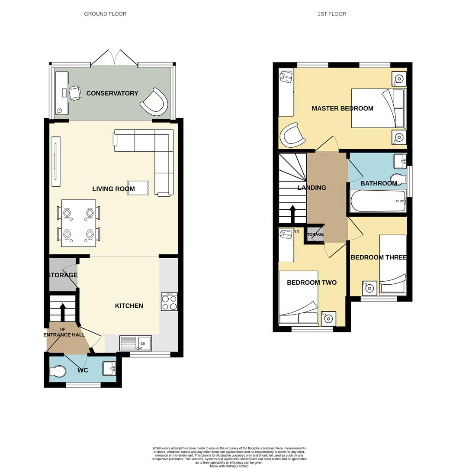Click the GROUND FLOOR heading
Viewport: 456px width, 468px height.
[x=105, y=14]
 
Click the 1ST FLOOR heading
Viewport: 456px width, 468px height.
[x=332, y=14]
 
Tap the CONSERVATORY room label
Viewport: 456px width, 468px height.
[x=112, y=93]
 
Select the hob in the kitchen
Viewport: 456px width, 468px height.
[x=169, y=302]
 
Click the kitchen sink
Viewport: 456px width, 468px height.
[x=136, y=343]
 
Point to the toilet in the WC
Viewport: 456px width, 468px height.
[x=58, y=371]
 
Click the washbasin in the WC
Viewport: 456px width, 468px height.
[x=109, y=369]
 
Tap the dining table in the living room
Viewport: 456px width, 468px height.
[x=78, y=223]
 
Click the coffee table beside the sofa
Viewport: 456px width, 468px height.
[x=138, y=188]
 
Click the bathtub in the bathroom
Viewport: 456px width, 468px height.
[x=378, y=201]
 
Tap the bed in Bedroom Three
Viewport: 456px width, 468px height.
[x=393, y=265]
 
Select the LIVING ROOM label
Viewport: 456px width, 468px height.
[x=113, y=188]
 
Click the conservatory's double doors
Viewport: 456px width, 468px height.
[x=115, y=58]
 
